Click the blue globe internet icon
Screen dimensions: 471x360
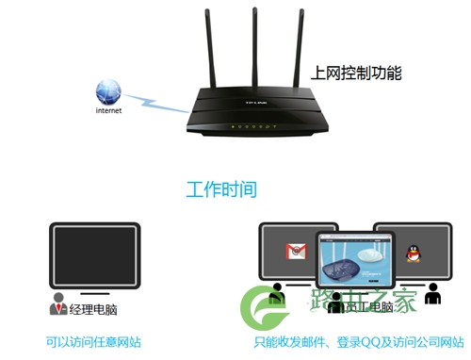pyautogui.click(x=108, y=91)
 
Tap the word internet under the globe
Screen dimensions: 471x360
pyautogui.click(x=109, y=110)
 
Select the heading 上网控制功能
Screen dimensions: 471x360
pyautogui.click(x=357, y=72)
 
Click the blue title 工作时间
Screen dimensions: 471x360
pyautogui.click(x=220, y=189)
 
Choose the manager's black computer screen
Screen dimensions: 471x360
pyautogui.click(x=94, y=254)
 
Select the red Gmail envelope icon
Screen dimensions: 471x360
pyautogui.click(x=297, y=252)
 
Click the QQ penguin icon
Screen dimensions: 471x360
pyautogui.click(x=412, y=253)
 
